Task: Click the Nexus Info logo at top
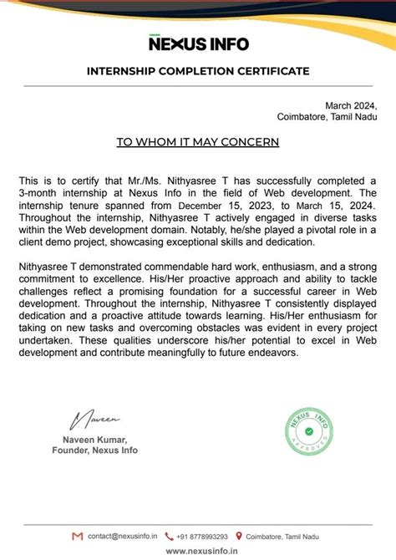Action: (x=198, y=43)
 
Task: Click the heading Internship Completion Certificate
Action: (x=198, y=71)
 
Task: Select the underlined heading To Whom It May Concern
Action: (x=198, y=142)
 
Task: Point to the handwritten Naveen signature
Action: (x=97, y=415)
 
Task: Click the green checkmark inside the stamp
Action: (x=311, y=432)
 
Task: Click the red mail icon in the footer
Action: (x=78, y=536)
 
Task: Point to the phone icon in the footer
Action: (x=170, y=536)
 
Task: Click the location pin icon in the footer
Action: (x=239, y=536)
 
